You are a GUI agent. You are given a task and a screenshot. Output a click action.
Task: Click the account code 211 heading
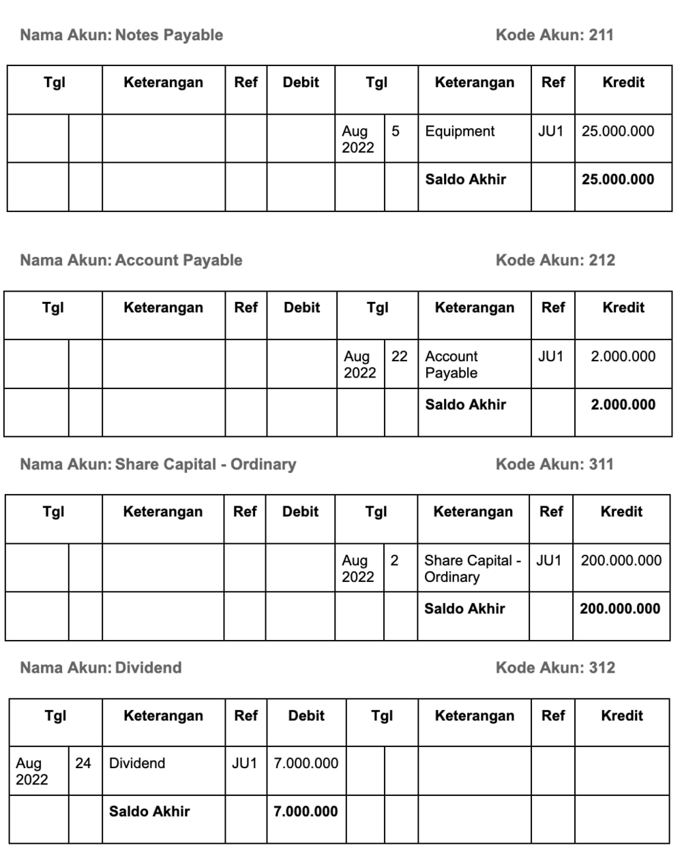554,35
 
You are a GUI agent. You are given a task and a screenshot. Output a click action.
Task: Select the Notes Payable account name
169,35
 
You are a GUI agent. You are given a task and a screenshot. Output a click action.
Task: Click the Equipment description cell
460,132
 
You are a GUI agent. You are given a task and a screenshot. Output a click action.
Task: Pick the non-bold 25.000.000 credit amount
618,132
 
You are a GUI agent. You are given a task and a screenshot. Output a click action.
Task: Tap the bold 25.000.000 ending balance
618,180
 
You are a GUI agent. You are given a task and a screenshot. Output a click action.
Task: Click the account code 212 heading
555,260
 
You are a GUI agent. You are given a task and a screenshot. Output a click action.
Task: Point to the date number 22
400,356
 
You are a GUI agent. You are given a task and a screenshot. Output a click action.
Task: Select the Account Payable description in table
451,365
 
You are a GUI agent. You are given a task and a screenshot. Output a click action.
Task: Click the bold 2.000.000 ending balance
623,405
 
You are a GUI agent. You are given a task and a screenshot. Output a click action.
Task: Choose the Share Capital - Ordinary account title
205,464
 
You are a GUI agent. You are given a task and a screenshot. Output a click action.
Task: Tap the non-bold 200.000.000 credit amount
621,561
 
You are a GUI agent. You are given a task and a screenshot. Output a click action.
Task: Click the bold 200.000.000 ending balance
620,609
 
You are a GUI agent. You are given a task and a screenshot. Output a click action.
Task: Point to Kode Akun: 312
555,667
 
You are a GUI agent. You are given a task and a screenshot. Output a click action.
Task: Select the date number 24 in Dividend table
83,763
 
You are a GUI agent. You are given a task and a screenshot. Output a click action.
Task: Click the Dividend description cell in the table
137,763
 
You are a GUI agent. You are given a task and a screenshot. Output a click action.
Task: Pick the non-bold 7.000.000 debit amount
306,763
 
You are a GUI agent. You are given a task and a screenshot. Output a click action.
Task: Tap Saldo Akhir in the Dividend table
149,812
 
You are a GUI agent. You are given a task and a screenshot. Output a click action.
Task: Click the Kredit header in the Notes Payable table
623,82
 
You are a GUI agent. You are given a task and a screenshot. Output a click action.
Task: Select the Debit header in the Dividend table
306,716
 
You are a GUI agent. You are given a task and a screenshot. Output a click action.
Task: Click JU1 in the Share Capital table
549,561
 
